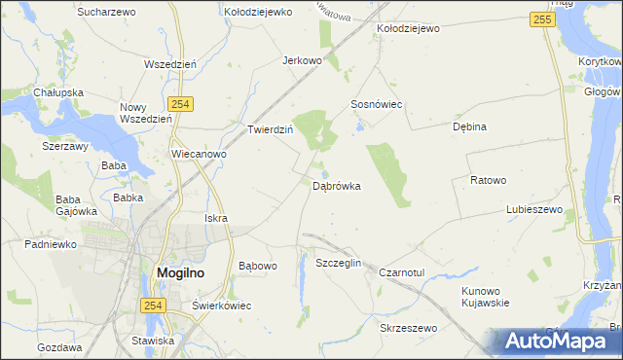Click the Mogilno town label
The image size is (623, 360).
(180, 274)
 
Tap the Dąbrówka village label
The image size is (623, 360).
(338, 185)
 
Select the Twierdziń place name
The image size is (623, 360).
(271, 129)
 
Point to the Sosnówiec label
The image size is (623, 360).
(377, 103)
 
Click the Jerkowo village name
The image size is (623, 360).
(302, 60)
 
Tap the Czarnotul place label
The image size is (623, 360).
(403, 273)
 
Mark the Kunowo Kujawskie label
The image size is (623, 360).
(487, 296)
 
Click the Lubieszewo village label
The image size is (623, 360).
(534, 209)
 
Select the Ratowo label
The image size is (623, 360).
(489, 180)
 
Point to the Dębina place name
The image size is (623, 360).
(469, 126)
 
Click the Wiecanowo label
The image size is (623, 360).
(199, 154)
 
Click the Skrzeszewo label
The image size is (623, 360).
(409, 329)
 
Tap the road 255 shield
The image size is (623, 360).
(543, 19)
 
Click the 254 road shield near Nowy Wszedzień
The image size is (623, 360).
(179, 104)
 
